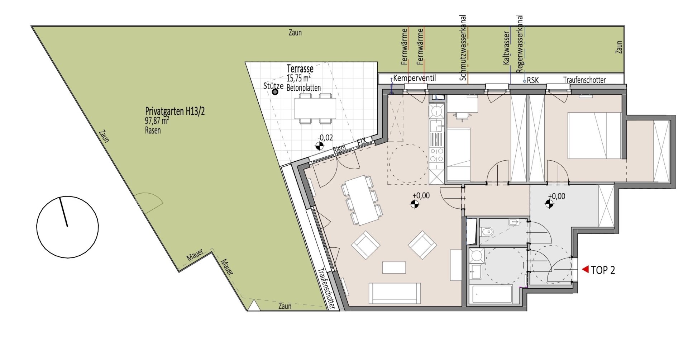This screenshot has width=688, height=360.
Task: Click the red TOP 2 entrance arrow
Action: click(585, 269)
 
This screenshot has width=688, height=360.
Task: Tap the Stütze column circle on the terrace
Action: click(275, 92)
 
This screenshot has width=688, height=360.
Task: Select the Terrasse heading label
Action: click(300, 68)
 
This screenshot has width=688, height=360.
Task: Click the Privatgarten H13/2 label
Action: click(175, 111)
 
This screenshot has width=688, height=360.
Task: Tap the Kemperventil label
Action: click(415, 78)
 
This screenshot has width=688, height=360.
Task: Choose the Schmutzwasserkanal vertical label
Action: click(463, 48)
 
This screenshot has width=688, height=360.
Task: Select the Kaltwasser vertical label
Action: click(506, 48)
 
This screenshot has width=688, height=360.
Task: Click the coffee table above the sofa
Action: click(394, 267)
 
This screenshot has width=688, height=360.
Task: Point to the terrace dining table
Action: click(315, 109)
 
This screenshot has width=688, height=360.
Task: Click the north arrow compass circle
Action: click(67, 227)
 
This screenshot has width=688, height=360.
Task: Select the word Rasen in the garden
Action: click(153, 131)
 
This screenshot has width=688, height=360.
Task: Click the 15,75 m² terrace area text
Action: click(298, 78)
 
